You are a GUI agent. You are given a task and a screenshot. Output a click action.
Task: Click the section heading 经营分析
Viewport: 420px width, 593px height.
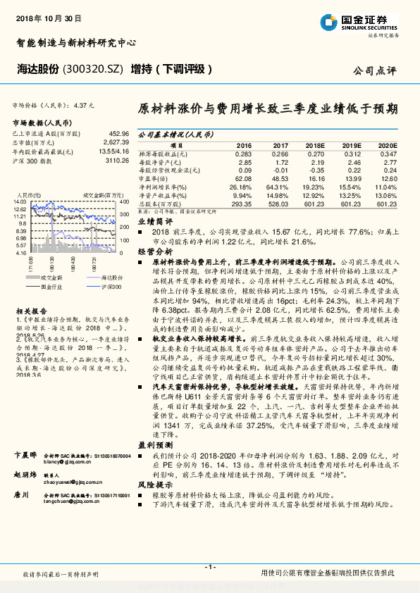[154, 251]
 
